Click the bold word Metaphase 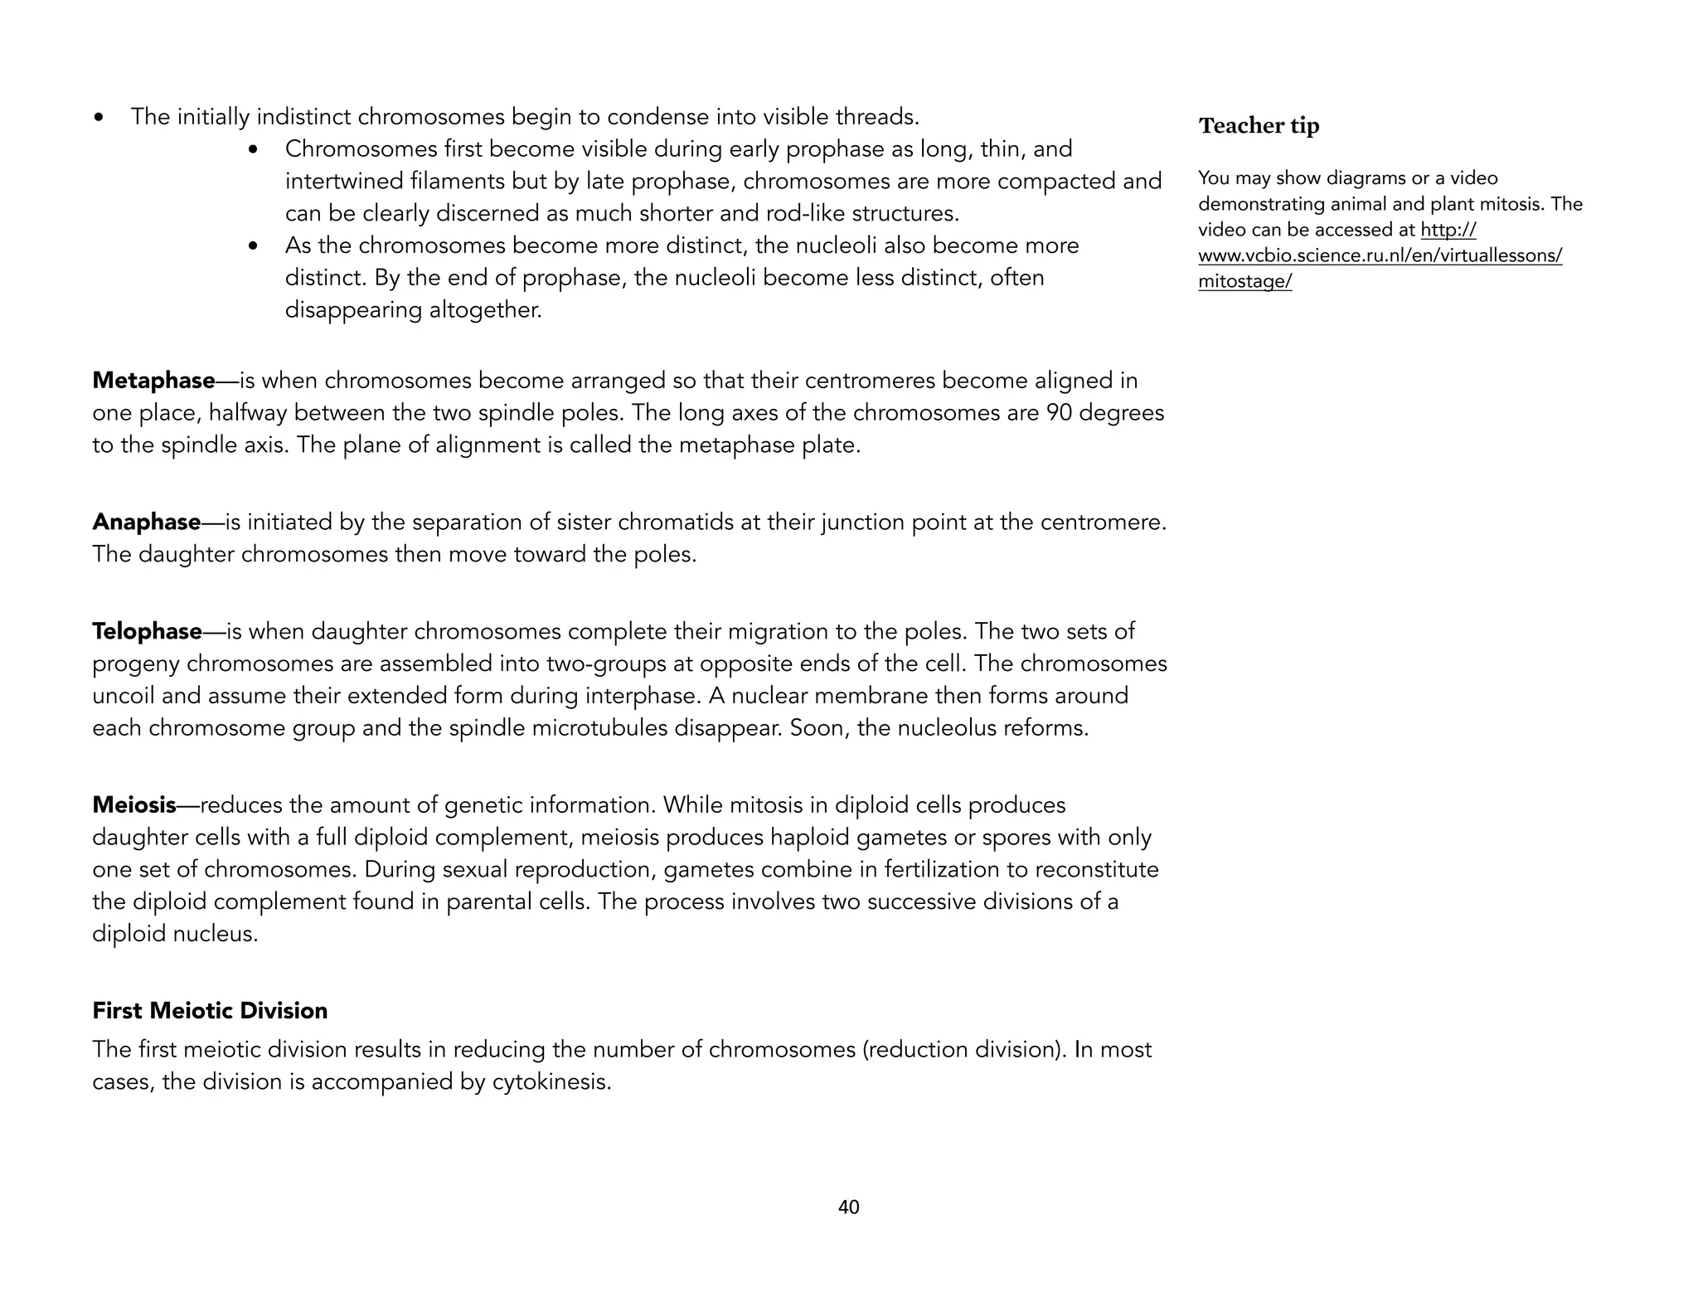(153, 381)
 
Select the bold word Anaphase (146, 522)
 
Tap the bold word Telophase (147, 632)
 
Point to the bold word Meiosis (133, 805)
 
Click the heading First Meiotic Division (210, 1011)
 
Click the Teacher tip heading (1259, 126)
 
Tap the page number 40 (848, 1208)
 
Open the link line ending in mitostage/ (1244, 282)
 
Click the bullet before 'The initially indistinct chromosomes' (99, 119)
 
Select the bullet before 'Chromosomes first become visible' (254, 151)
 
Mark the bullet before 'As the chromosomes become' (254, 247)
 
